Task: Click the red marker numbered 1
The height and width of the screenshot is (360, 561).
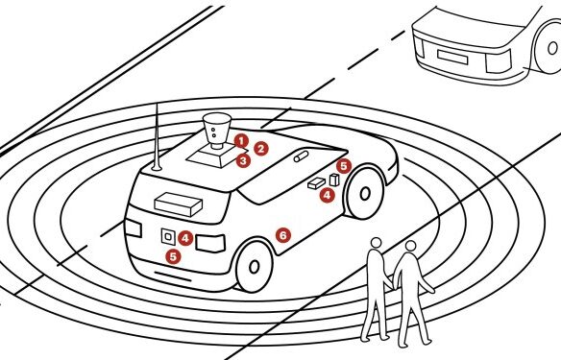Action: tap(241, 140)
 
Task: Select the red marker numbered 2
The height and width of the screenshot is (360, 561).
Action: tap(260, 149)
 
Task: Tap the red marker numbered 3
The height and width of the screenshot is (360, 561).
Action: tap(243, 160)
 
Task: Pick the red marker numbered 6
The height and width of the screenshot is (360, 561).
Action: tap(282, 233)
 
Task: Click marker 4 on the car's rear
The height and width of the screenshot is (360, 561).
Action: tap(185, 237)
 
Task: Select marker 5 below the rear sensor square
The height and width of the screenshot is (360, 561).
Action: tap(173, 255)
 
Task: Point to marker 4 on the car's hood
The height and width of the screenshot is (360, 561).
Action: tap(328, 194)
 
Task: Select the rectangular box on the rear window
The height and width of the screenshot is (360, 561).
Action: tap(177, 203)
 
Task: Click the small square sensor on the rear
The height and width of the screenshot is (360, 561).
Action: tap(167, 234)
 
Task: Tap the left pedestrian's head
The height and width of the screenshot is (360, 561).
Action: tap(377, 246)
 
